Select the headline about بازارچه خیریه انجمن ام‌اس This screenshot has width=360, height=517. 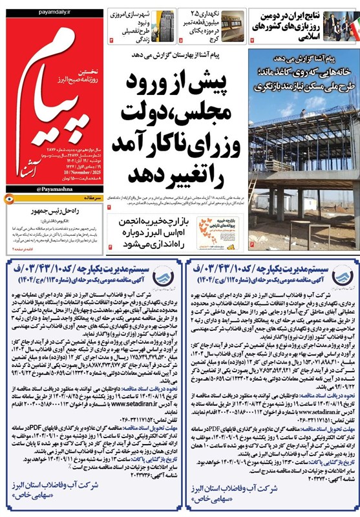tap(196, 226)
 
